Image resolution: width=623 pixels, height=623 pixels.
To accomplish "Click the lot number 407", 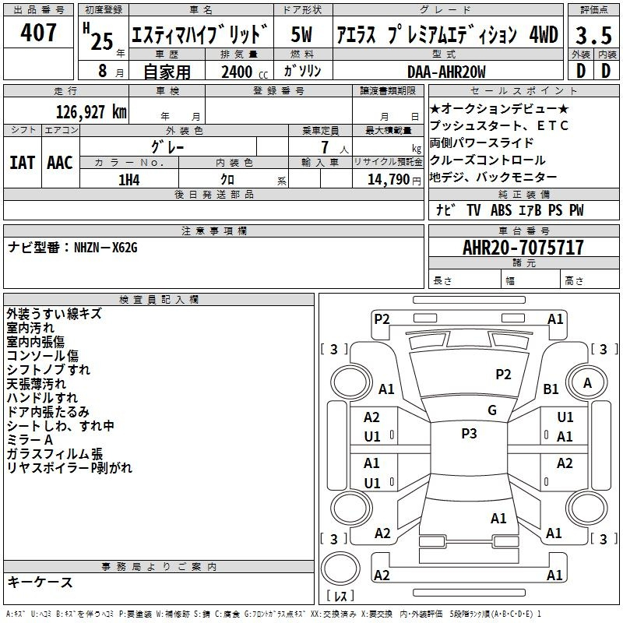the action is tap(39, 33).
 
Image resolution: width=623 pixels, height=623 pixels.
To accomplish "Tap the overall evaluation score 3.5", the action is tap(593, 36).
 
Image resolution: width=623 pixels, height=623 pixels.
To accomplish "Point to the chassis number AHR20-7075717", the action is tap(523, 248).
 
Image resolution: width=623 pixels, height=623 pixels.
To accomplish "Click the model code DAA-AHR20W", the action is tap(446, 72).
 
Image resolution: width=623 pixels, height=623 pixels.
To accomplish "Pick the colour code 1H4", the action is tap(129, 180).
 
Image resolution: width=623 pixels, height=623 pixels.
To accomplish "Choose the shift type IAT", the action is tap(23, 162).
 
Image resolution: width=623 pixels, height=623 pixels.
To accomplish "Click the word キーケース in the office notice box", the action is tap(40, 582).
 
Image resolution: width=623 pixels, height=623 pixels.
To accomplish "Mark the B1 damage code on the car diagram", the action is tap(551, 389).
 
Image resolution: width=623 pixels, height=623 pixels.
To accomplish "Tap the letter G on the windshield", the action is tap(492, 410).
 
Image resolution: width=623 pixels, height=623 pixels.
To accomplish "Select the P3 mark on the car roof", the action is tap(469, 434).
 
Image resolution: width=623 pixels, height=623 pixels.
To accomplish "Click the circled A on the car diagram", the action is tap(588, 383).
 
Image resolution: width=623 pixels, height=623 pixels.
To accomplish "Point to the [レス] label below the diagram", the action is tap(340, 596).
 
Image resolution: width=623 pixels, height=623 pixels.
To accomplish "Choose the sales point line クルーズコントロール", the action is tap(483, 160).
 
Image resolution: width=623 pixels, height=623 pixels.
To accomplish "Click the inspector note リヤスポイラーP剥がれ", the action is tap(69, 467).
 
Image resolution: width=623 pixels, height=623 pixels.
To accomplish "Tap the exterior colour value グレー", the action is tap(168, 146).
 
